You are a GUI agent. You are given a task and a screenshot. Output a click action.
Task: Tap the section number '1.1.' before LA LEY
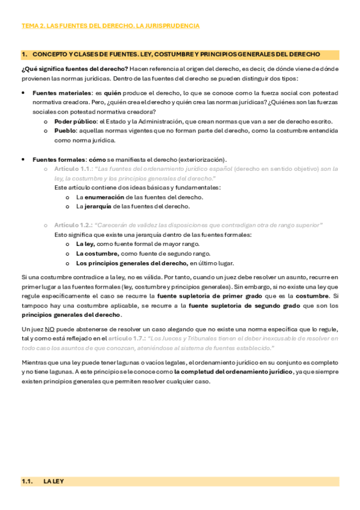coord(27,482)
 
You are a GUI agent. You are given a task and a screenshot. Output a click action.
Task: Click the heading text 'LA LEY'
coord(53,482)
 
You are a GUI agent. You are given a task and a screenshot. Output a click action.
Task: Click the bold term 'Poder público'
coord(75,121)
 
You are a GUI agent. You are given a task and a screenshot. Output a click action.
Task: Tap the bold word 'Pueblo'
coord(66,131)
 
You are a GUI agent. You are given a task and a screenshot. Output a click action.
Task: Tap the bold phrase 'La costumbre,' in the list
coord(97,253)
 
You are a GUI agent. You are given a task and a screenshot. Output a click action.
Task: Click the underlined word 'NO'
coord(50,330)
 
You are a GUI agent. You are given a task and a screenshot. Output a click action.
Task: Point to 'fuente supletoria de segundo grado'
coord(244,306)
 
